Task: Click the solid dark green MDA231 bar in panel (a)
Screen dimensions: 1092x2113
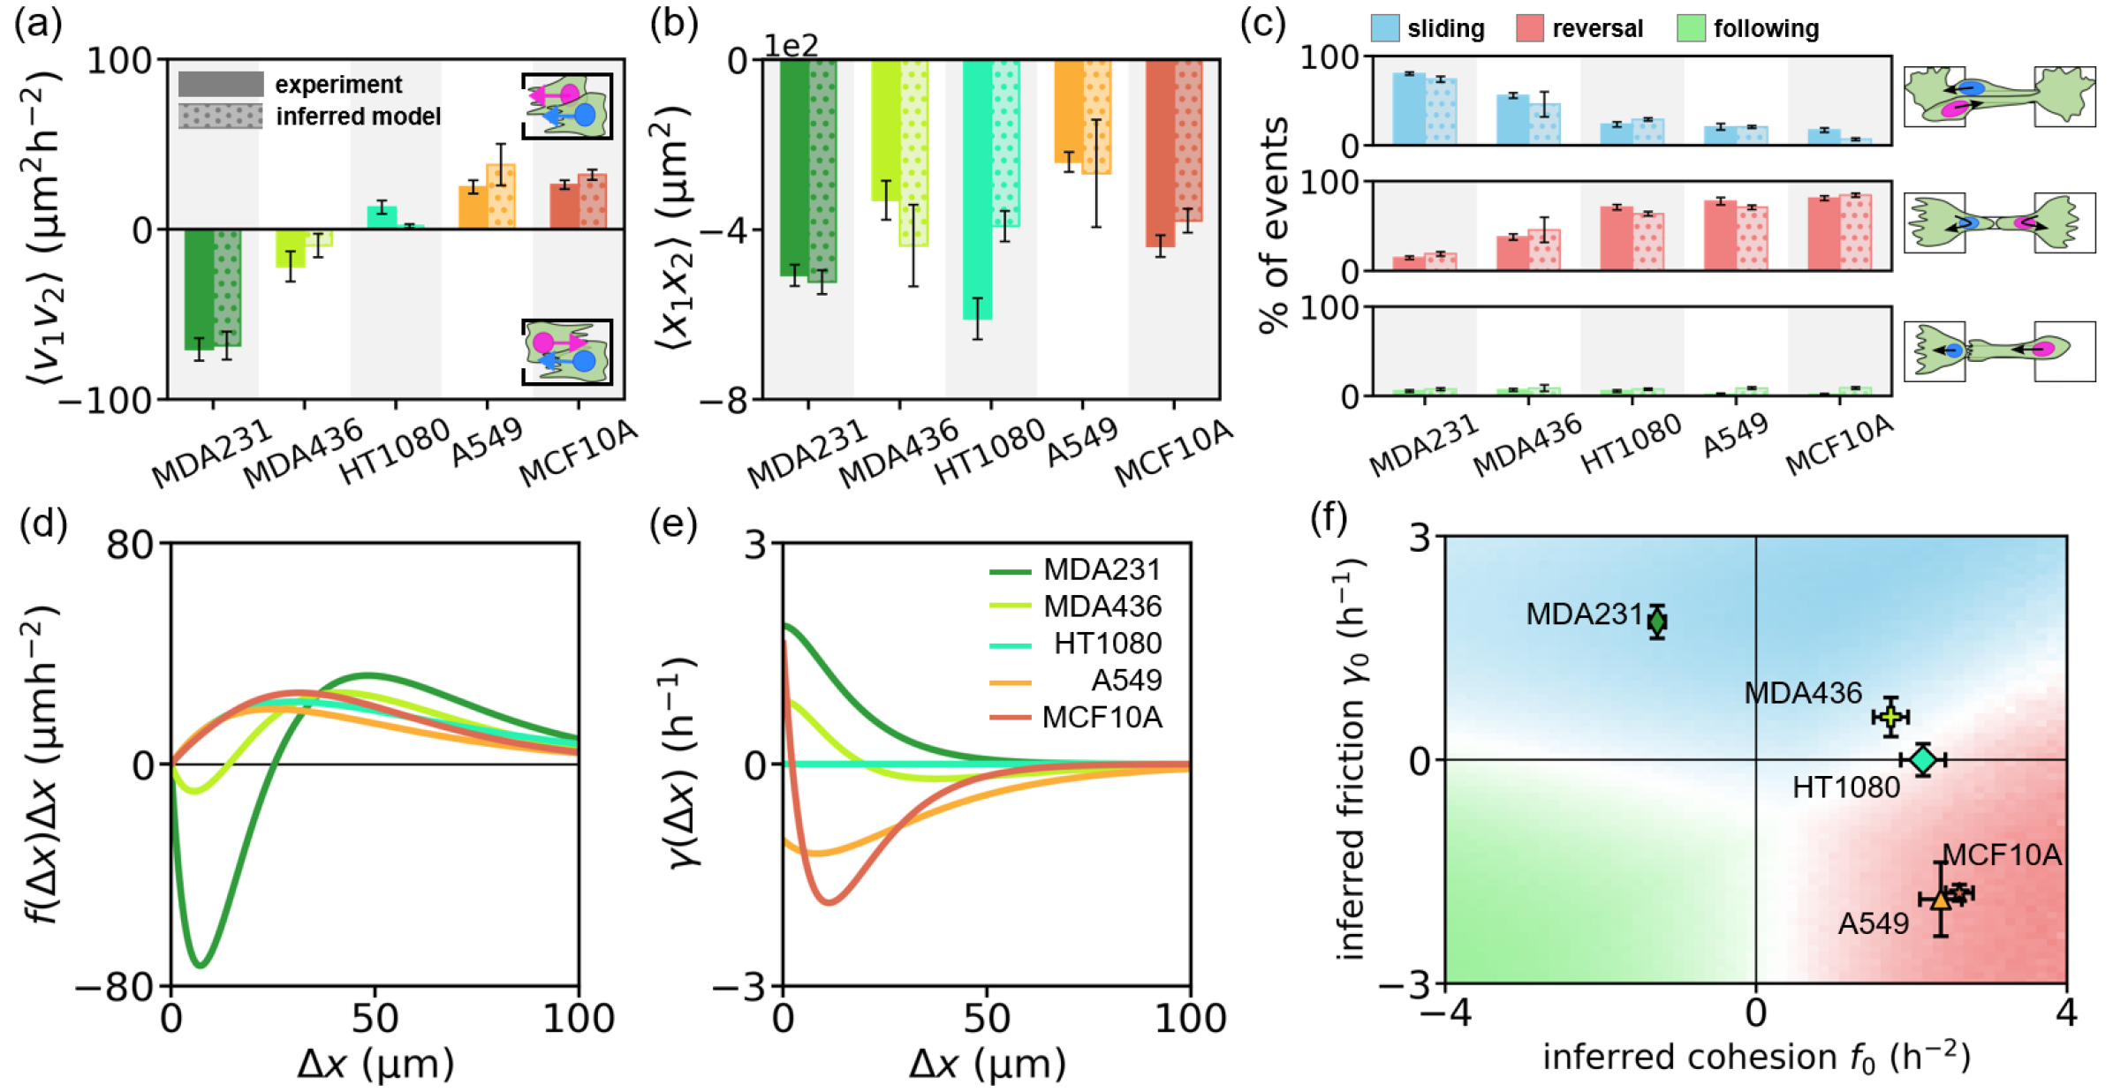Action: tap(199, 289)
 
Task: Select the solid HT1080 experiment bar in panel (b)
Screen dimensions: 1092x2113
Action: tap(977, 189)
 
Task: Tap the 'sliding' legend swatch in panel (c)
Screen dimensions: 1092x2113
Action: tap(1385, 28)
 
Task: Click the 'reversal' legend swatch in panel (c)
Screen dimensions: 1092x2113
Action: tap(1530, 28)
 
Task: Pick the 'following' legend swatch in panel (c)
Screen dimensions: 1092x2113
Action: tap(1691, 28)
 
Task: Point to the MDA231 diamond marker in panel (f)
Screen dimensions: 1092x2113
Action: tap(1657, 621)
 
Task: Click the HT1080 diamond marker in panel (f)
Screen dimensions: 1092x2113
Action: tap(1923, 759)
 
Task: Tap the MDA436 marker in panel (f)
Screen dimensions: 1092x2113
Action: tap(1890, 716)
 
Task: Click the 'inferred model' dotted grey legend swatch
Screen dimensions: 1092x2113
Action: tap(221, 117)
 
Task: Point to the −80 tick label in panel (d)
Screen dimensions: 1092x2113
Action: tap(115, 985)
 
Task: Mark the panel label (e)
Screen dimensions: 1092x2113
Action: tap(673, 523)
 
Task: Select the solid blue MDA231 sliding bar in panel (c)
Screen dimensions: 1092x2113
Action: tap(1409, 109)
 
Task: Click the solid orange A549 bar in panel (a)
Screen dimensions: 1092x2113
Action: tap(473, 207)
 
